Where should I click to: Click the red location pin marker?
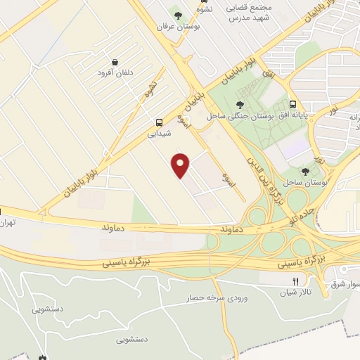pos(181,165)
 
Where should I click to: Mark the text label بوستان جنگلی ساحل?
pos(235,117)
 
